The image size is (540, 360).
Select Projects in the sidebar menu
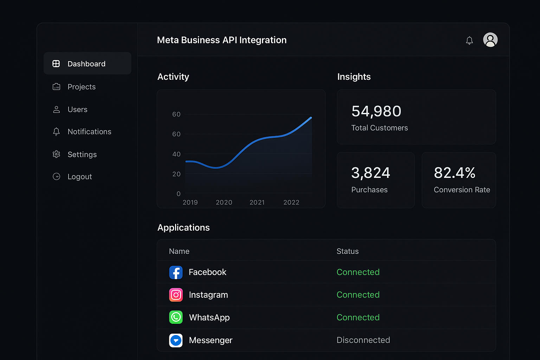pos(81,87)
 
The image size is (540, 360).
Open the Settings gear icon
pos(56,154)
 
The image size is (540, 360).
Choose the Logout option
pos(79,176)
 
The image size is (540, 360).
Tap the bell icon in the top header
pos(469,40)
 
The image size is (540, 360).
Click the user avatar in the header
pos(490,40)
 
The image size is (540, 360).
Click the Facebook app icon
pos(176,272)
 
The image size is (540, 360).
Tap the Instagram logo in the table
pos(176,295)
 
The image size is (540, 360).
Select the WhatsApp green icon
pos(176,317)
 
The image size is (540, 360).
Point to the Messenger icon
pos(176,340)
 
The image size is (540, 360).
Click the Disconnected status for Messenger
pos(363,340)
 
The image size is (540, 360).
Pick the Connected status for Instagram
pos(358,295)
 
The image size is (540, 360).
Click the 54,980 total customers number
pos(376,111)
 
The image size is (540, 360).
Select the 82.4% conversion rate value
pos(455,173)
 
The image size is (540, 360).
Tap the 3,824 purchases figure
pos(371,173)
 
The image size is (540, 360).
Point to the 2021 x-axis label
pos(257,202)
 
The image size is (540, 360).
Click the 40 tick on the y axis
pos(176,154)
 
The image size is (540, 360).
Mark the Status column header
pos(347,251)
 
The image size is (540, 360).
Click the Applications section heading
pos(184,228)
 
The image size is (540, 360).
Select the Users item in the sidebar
pos(77,109)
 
